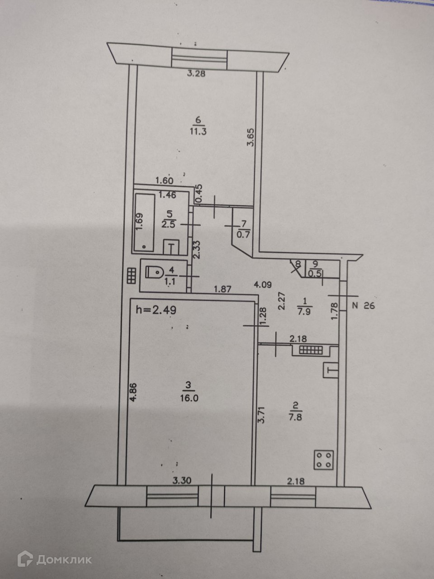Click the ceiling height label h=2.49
tap(156, 310)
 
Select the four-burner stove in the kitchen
tap(324, 460)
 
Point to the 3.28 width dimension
tap(196, 74)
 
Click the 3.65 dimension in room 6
tap(251, 138)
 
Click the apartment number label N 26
tap(363, 306)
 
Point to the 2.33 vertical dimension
tap(196, 249)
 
